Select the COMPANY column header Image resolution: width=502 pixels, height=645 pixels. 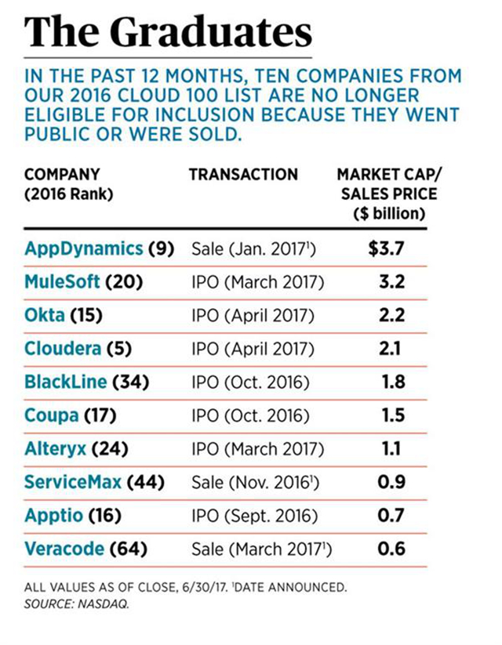tap(63, 174)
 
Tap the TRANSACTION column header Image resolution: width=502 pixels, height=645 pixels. tap(243, 174)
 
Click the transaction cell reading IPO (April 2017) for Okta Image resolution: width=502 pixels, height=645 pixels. tap(253, 316)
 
